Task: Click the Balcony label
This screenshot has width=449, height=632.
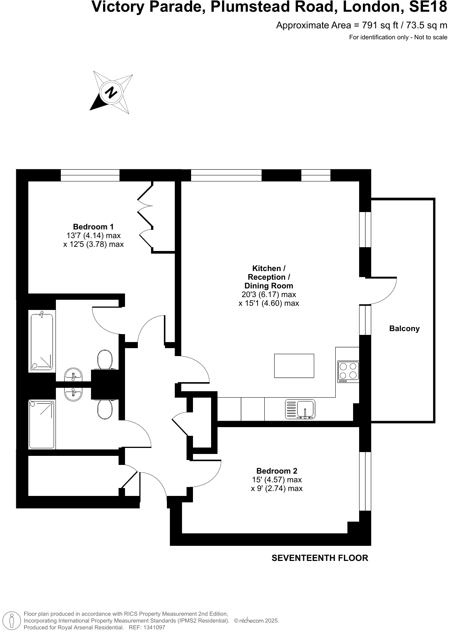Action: click(x=404, y=328)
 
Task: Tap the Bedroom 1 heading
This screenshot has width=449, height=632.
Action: click(x=93, y=227)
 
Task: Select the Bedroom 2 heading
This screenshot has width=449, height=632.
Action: click(x=276, y=471)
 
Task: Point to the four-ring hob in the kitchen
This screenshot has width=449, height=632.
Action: click(x=348, y=371)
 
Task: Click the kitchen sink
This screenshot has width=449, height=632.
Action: click(x=301, y=409)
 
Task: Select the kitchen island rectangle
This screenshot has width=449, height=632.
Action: click(x=294, y=366)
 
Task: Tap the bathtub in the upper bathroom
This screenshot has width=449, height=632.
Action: click(x=42, y=341)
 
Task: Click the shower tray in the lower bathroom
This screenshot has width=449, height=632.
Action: click(x=42, y=424)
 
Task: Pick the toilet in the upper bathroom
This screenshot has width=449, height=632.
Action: click(x=105, y=359)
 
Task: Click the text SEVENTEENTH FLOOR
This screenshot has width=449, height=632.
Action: click(x=319, y=558)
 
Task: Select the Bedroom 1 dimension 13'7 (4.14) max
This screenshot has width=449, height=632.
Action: click(x=93, y=235)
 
